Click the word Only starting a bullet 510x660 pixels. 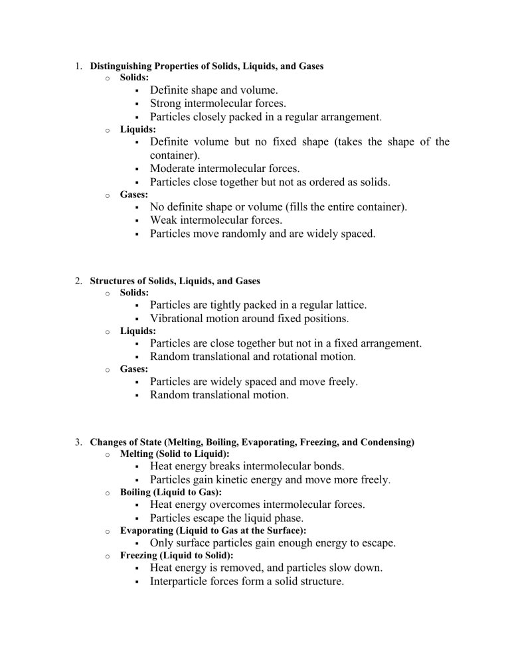pyautogui.click(x=163, y=542)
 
